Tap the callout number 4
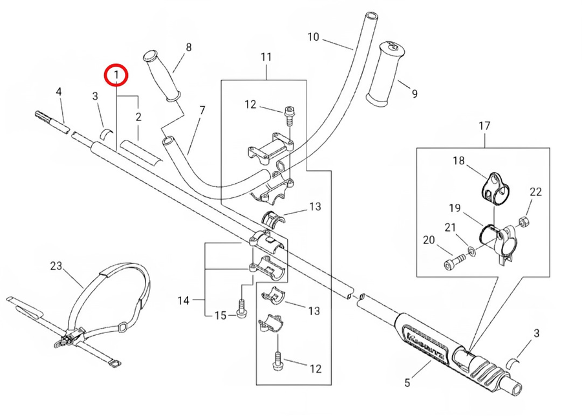point(59,93)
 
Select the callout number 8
point(188,47)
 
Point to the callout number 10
point(313,37)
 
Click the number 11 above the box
point(266,58)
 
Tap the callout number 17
point(484,126)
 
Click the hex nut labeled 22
point(526,223)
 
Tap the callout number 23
point(56,266)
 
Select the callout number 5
point(407,382)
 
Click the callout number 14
point(184,300)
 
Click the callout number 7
point(202,111)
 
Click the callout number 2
point(138,116)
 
